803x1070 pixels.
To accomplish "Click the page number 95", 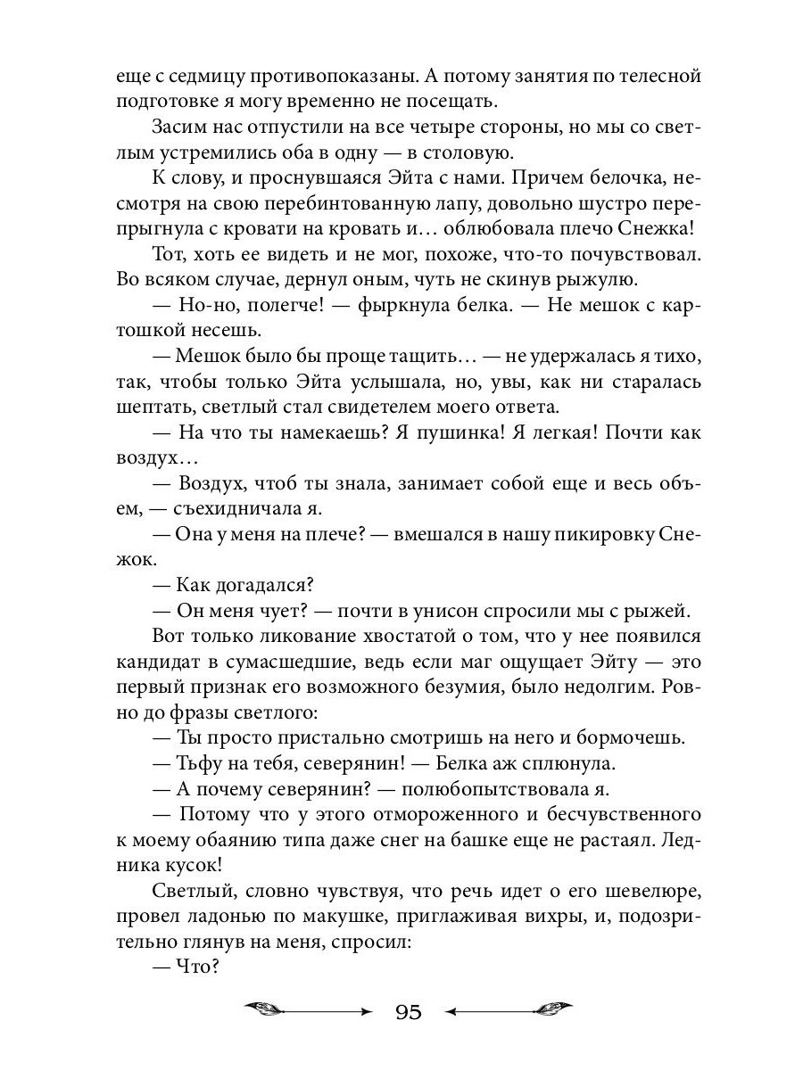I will (x=407, y=1012).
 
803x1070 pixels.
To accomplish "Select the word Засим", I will (x=180, y=127).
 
